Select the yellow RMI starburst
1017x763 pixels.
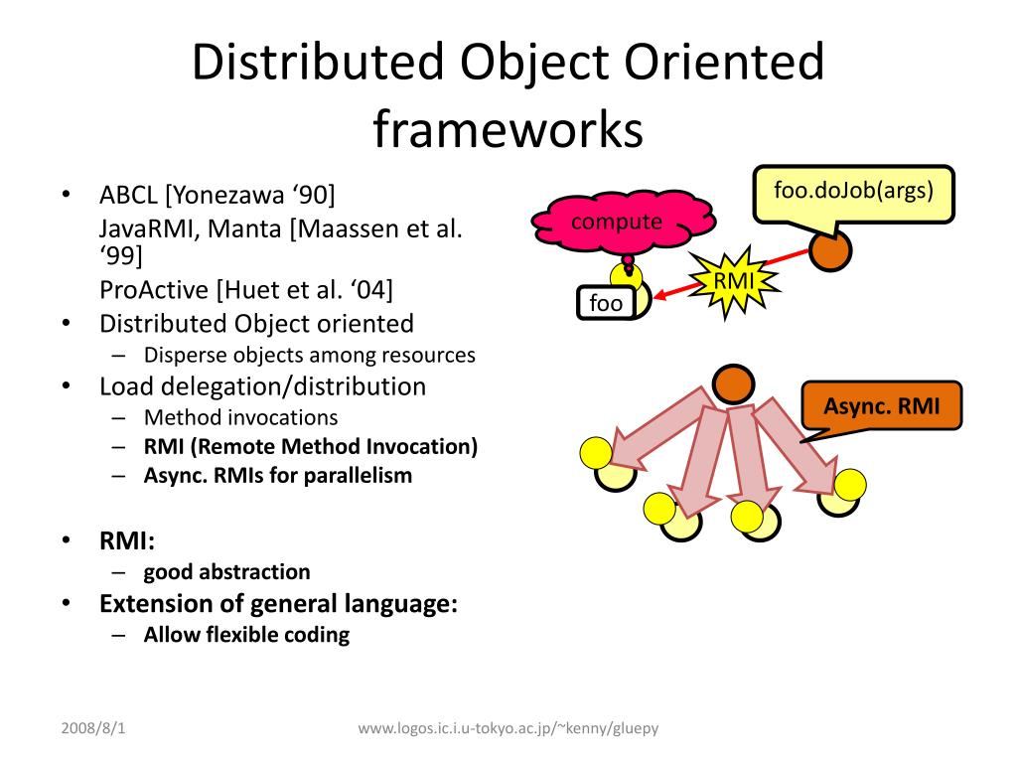[x=733, y=282]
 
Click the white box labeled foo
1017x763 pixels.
[x=605, y=303]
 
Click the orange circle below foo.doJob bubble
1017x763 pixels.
[x=830, y=250]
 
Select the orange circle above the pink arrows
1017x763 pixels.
[x=734, y=385]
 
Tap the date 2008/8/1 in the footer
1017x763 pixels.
[x=93, y=728]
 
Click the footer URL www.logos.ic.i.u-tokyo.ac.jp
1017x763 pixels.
[x=508, y=728]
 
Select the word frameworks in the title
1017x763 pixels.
[x=508, y=130]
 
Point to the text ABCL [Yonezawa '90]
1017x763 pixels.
[x=217, y=193]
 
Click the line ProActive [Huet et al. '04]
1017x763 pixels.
[x=245, y=290]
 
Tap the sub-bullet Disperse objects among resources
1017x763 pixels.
[x=309, y=355]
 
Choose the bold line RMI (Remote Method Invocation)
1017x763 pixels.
[x=310, y=446]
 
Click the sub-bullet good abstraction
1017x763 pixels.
[x=226, y=571]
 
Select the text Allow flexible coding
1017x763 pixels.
[x=246, y=634]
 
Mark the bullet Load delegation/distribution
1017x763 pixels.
[x=262, y=386]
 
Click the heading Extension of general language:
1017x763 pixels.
[x=278, y=603]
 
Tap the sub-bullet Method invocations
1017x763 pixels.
[x=240, y=417]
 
